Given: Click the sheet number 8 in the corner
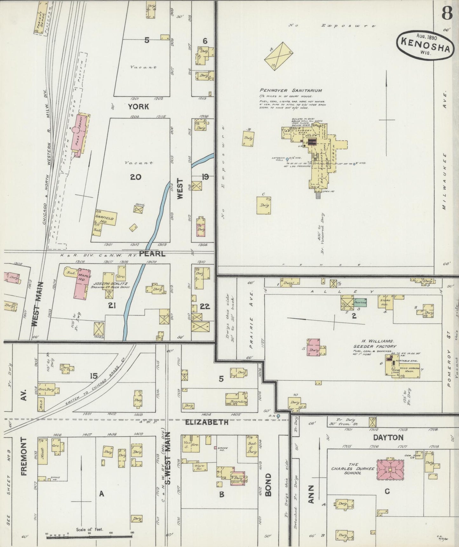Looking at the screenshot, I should (x=446, y=14).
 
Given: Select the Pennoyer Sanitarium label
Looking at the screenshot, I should (x=291, y=90).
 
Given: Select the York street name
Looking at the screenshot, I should (x=138, y=107).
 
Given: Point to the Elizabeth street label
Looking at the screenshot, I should (x=206, y=422).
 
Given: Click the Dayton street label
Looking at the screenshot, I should (x=388, y=437).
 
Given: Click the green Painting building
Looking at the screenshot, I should (x=360, y=303).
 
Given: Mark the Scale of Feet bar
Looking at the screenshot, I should (x=90, y=537).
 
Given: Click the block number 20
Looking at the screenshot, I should (x=136, y=177).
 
